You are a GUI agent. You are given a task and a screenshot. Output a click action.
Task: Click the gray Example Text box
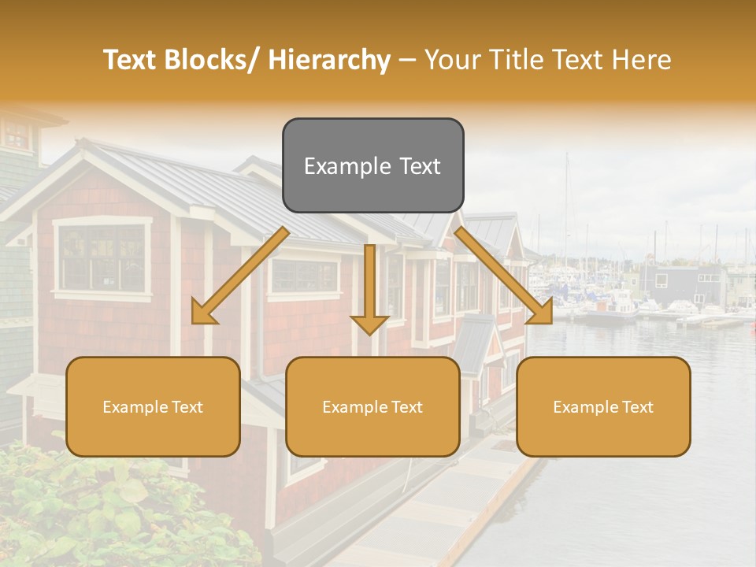(372, 165)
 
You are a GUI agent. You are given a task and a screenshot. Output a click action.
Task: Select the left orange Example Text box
(153, 406)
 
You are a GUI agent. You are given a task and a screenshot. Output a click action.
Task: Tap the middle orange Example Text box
(372, 406)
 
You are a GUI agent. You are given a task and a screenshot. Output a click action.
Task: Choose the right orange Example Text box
(603, 406)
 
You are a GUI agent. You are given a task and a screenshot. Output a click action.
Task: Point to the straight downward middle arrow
(369, 288)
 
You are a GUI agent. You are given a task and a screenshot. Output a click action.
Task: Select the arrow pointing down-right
(504, 276)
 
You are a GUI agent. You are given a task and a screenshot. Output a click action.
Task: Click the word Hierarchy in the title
(329, 60)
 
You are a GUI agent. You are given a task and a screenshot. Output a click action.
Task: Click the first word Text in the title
(130, 60)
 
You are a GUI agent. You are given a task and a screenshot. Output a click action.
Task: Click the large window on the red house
(102, 257)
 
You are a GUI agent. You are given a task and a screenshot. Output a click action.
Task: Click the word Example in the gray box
(340, 166)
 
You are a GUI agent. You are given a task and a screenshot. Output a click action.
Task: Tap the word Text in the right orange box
(636, 407)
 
